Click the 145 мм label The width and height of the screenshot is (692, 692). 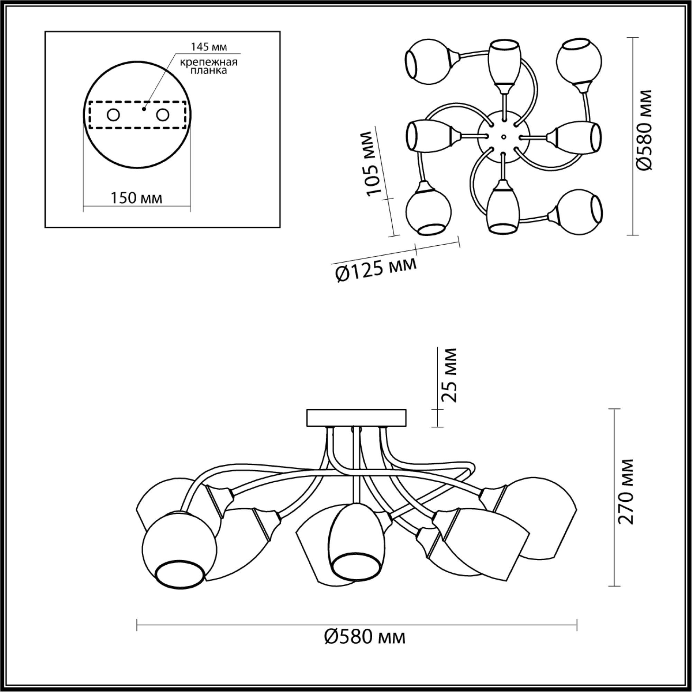tap(209, 47)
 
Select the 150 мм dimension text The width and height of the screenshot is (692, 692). tap(136, 198)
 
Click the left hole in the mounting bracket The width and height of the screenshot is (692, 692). tap(113, 115)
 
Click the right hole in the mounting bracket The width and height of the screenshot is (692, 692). tap(162, 115)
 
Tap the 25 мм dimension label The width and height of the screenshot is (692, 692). tap(449, 375)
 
